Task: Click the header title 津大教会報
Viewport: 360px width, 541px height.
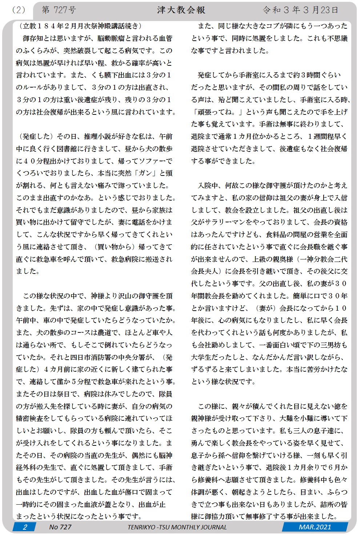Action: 181,10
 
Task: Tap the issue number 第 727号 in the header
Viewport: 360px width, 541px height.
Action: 59,10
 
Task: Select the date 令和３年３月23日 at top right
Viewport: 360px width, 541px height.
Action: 300,10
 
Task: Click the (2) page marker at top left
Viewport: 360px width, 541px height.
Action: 18,10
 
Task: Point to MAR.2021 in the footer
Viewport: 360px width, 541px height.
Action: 315,527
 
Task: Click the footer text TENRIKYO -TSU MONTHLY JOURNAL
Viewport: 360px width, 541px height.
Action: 177,527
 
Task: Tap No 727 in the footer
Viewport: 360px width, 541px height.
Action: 60,527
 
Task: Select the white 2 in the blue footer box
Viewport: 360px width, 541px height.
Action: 25,527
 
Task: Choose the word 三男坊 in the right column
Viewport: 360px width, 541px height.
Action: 328,345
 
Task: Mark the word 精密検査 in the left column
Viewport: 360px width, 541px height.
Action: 30,418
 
